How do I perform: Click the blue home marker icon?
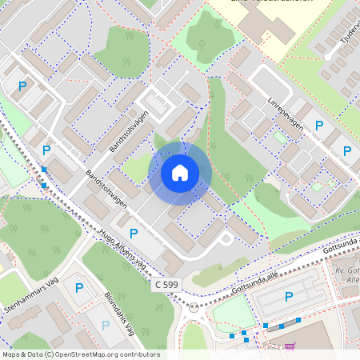click(x=180, y=172)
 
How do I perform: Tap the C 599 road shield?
click(x=166, y=284)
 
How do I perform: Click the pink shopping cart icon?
click(x=290, y=346)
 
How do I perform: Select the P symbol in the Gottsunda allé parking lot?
click(x=289, y=297)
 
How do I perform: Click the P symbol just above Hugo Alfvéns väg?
click(x=134, y=233)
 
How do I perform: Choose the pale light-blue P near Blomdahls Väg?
click(x=104, y=326)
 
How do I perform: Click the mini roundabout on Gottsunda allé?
click(x=193, y=306)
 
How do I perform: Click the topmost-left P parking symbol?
click(x=23, y=86)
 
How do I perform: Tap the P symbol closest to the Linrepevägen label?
click(x=319, y=126)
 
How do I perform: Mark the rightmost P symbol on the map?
click(x=347, y=150)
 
